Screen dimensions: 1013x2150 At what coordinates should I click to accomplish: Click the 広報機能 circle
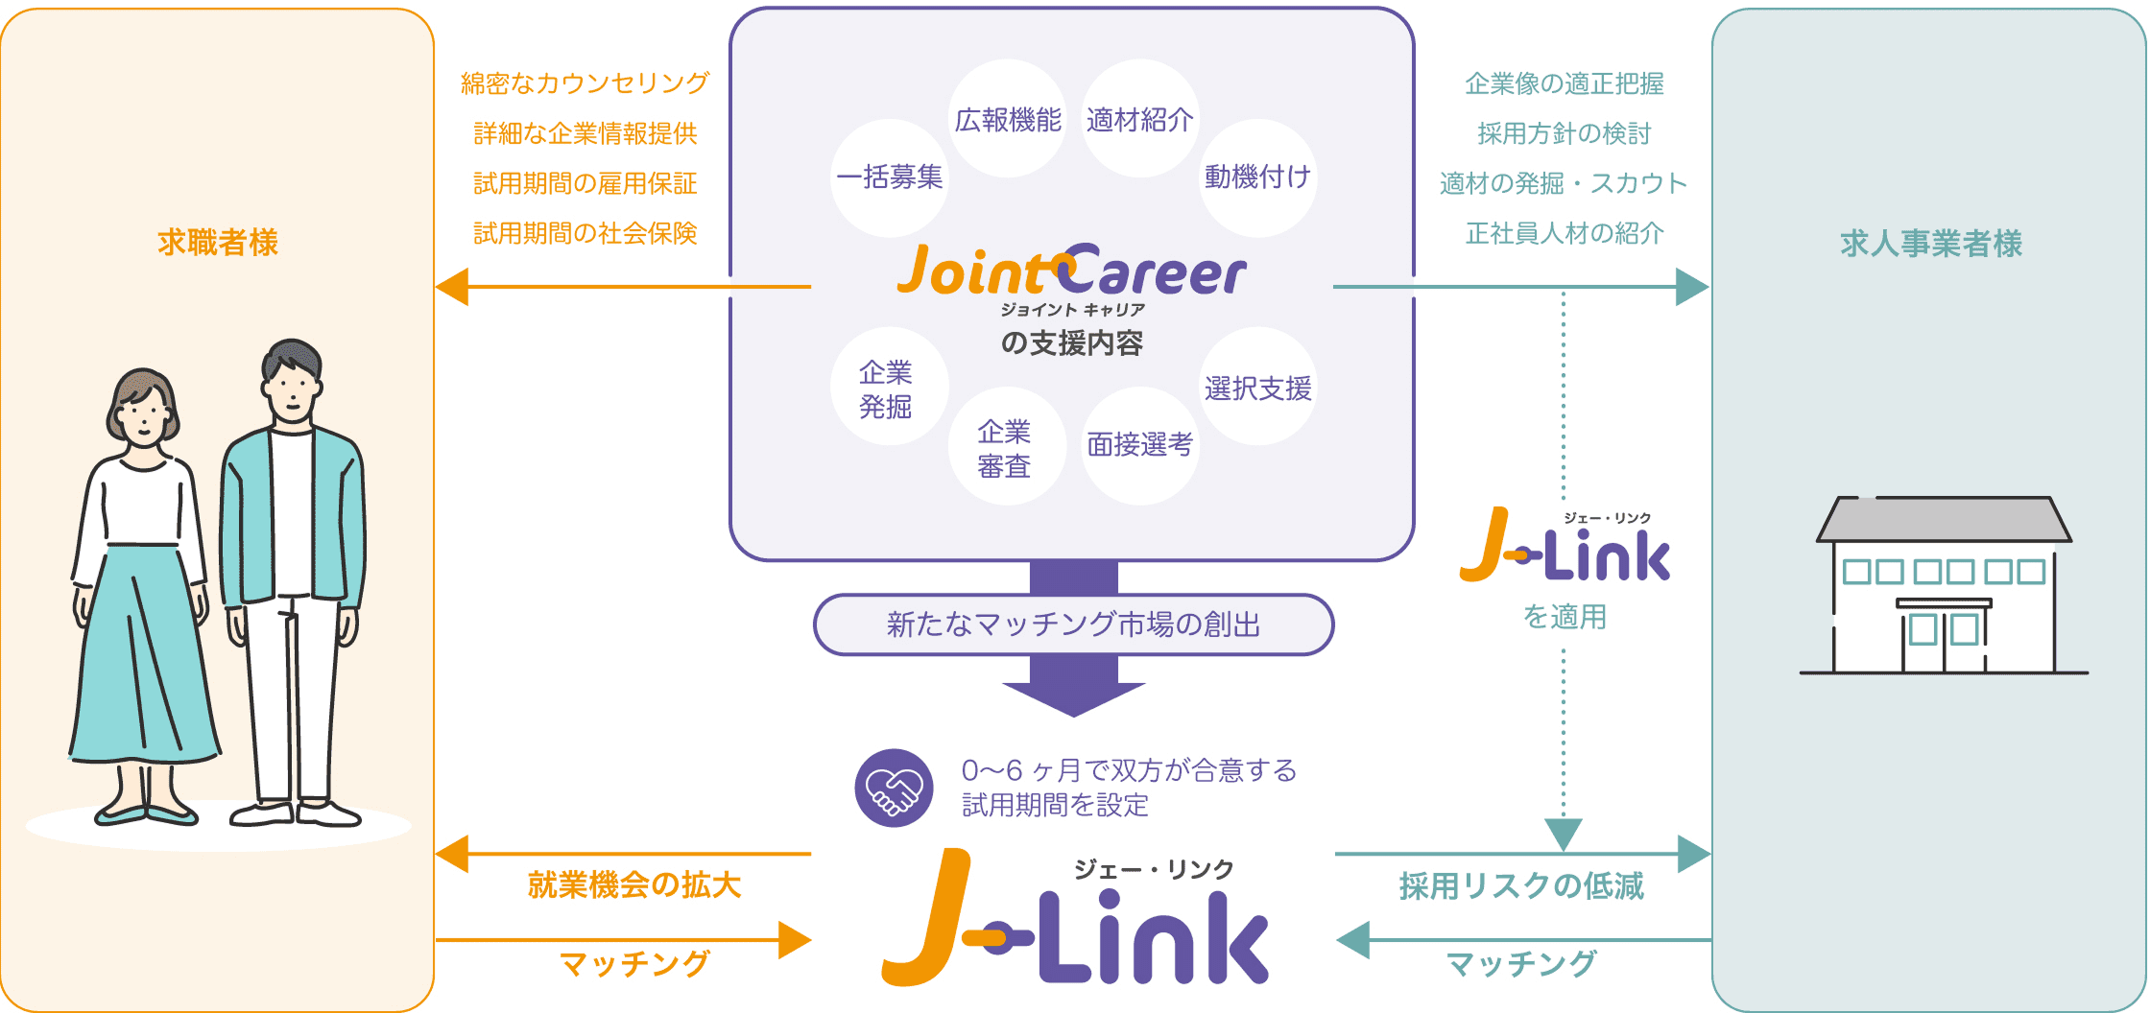tap(1007, 119)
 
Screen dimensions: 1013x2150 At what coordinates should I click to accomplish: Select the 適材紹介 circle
tap(1140, 119)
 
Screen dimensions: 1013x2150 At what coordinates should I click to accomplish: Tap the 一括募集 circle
tap(890, 177)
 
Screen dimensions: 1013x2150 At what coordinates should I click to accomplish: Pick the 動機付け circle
tap(1257, 177)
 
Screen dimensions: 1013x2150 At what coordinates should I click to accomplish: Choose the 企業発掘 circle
tap(887, 388)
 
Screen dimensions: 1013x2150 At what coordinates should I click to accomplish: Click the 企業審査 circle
tap(1006, 447)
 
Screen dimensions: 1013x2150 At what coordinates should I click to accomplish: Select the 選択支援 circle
tap(1257, 388)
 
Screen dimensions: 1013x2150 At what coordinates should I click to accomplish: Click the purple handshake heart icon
tap(894, 788)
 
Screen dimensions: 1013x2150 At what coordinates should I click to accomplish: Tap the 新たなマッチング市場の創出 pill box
tap(1073, 624)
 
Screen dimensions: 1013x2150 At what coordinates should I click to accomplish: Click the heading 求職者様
tap(218, 243)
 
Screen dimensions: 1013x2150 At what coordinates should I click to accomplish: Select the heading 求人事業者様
tap(1931, 244)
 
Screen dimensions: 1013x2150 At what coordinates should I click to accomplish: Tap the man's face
tap(292, 388)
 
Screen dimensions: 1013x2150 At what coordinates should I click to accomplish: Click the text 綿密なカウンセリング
tap(585, 83)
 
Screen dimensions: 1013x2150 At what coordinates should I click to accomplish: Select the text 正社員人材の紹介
tap(1565, 233)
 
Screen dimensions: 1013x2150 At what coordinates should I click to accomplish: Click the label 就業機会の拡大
tap(634, 884)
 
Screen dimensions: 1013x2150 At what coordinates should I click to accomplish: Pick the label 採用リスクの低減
tap(1521, 885)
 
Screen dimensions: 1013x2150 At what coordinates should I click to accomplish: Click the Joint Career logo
tap(1071, 272)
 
